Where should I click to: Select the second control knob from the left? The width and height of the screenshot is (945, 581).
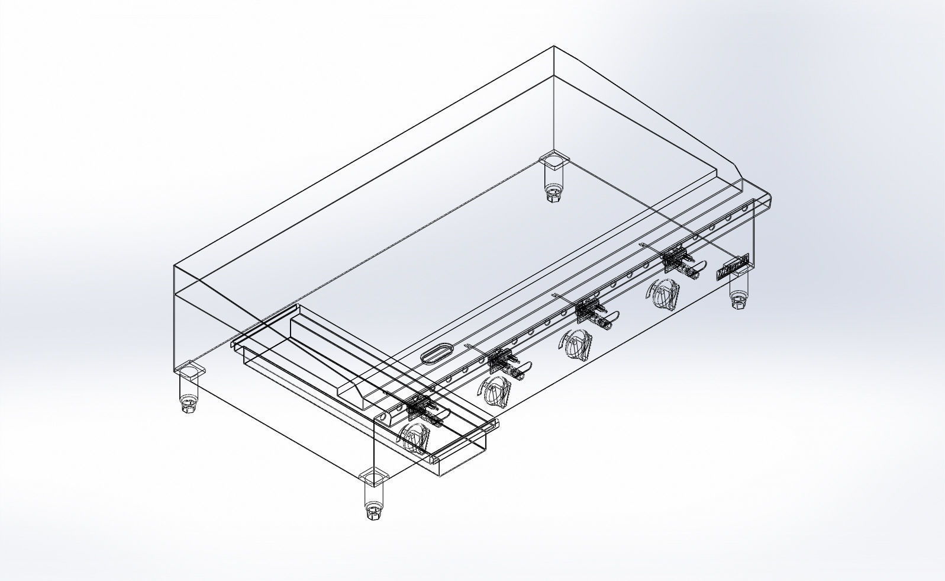click(x=495, y=391)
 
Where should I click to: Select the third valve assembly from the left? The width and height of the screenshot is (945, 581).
click(x=589, y=312)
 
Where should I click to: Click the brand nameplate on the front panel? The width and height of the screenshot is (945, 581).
click(x=733, y=267)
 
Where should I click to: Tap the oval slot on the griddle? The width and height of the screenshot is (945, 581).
click(x=437, y=353)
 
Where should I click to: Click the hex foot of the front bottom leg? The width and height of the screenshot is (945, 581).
click(x=373, y=511)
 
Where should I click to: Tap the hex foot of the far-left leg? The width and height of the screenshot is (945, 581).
click(x=189, y=407)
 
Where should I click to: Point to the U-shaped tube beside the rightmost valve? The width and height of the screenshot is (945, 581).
click(x=695, y=269)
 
